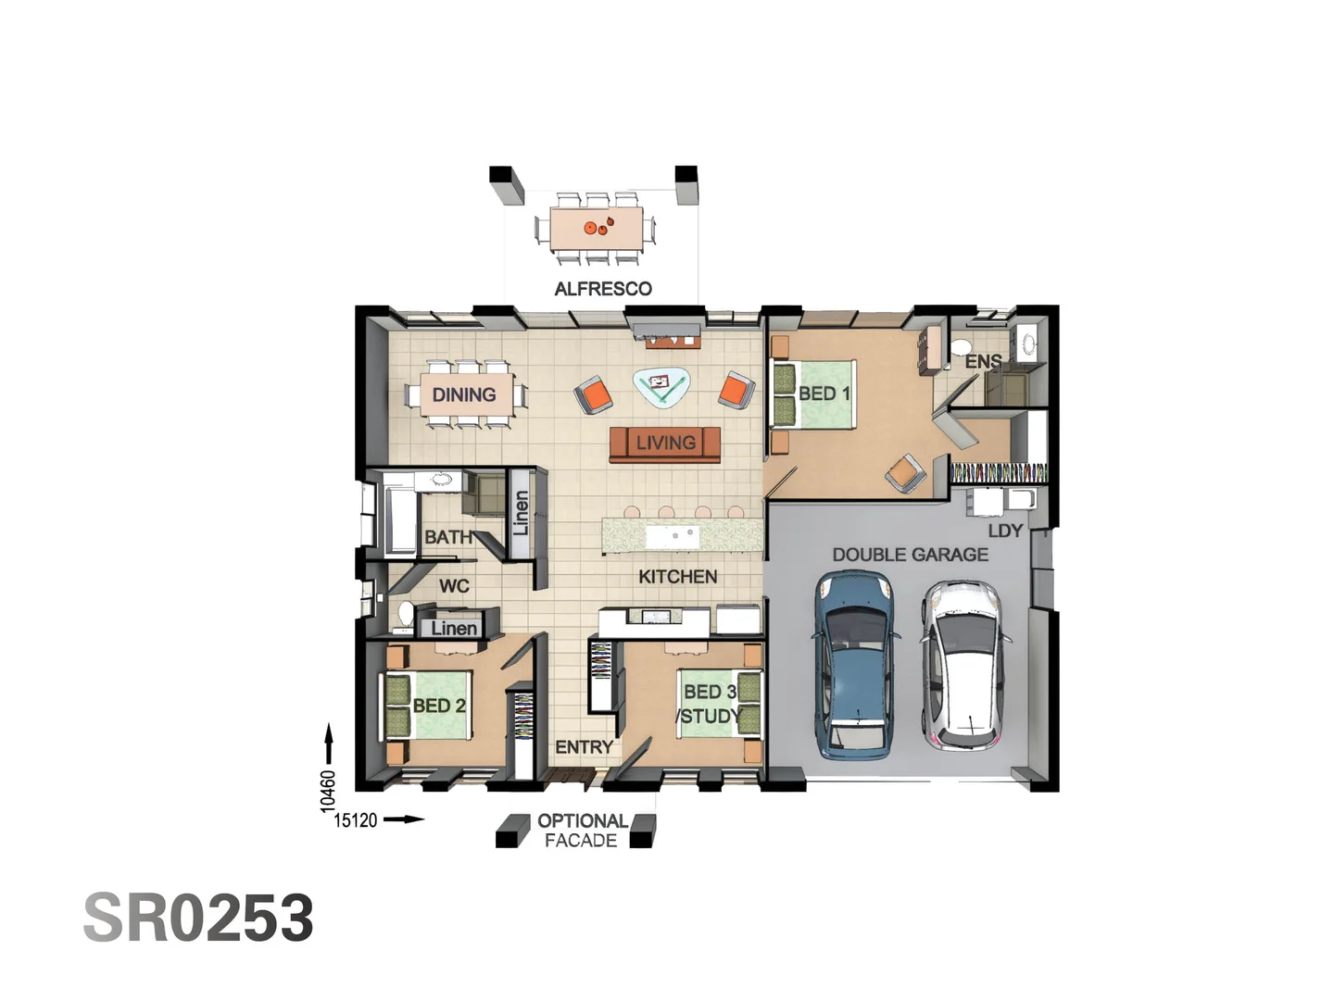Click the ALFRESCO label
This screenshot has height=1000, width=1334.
pyautogui.click(x=603, y=289)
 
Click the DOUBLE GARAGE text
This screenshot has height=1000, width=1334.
pyautogui.click(x=910, y=555)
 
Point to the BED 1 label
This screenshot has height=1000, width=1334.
pyautogui.click(x=824, y=394)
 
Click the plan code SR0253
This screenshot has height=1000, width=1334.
pyautogui.click(x=198, y=918)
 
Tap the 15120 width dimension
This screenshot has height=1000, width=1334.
pyautogui.click(x=356, y=820)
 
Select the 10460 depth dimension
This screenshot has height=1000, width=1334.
pyautogui.click(x=328, y=792)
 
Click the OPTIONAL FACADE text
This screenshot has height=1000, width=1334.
pyautogui.click(x=581, y=831)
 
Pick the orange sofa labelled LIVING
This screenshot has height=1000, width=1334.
pyautogui.click(x=665, y=444)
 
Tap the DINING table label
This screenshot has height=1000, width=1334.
pyautogui.click(x=464, y=394)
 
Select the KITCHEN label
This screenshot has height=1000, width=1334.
pyautogui.click(x=677, y=577)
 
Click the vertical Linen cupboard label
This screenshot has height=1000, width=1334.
pyautogui.click(x=520, y=513)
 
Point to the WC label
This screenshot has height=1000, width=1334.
pyautogui.click(x=454, y=586)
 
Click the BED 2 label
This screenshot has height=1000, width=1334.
pyautogui.click(x=439, y=706)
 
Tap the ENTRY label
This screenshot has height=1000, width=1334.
pyautogui.click(x=584, y=747)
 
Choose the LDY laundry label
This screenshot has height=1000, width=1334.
pyautogui.click(x=1004, y=531)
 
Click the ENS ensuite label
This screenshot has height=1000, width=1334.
pyautogui.click(x=983, y=361)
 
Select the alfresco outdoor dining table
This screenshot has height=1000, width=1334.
pyautogui.click(x=597, y=228)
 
